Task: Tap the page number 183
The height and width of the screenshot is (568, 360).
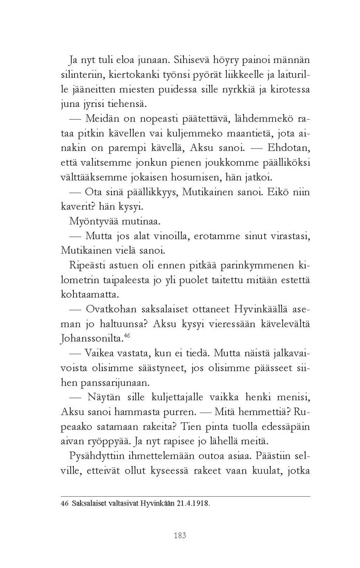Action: [180, 534]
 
